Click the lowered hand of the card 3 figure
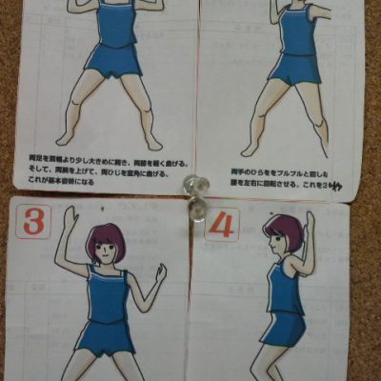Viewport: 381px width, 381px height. click(x=159, y=273)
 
